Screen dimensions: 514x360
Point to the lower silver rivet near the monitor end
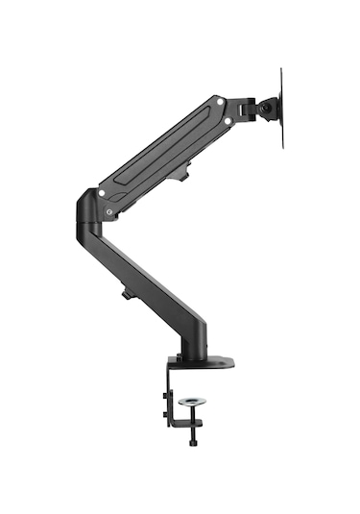point(228,121)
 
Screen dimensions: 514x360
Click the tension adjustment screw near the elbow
point(113,211)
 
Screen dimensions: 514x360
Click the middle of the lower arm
point(144,279)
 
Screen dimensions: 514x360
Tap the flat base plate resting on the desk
point(206,362)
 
